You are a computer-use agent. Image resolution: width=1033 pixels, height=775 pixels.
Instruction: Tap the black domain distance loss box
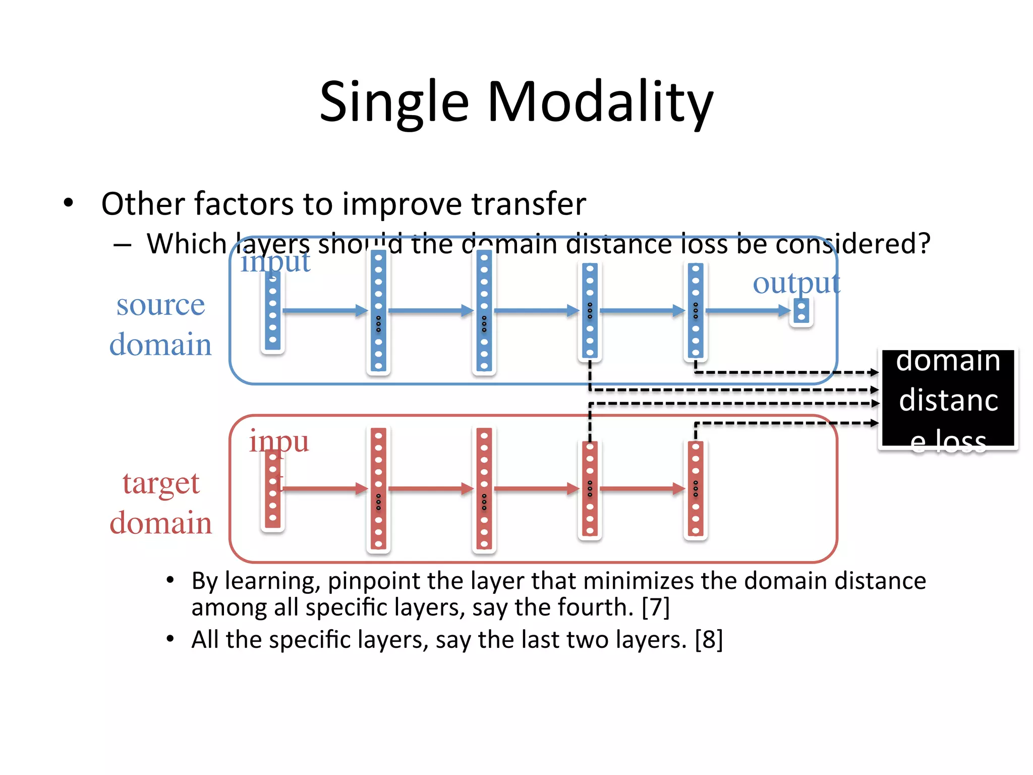tap(948, 399)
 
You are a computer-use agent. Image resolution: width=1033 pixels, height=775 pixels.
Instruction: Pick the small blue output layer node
tap(801, 311)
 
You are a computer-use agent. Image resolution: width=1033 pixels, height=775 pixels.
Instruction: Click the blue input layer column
tap(273, 313)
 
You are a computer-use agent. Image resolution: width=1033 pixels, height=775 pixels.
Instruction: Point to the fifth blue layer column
tap(696, 311)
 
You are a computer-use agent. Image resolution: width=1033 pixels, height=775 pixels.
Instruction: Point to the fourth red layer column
tap(590, 488)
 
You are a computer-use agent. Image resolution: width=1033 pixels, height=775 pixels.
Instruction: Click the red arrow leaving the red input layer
tap(325, 488)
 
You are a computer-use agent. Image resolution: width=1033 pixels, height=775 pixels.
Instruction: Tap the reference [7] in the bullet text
tap(655, 607)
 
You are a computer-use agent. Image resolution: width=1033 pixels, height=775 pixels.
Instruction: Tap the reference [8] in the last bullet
tap(709, 640)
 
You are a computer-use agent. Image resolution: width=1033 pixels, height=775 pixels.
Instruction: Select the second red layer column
tap(378, 488)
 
